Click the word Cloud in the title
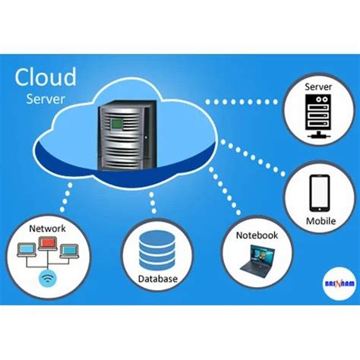46,77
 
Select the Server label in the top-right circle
318,87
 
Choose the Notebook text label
257,235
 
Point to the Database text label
158,279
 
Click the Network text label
47,228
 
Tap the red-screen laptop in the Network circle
47,245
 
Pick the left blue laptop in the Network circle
25,248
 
